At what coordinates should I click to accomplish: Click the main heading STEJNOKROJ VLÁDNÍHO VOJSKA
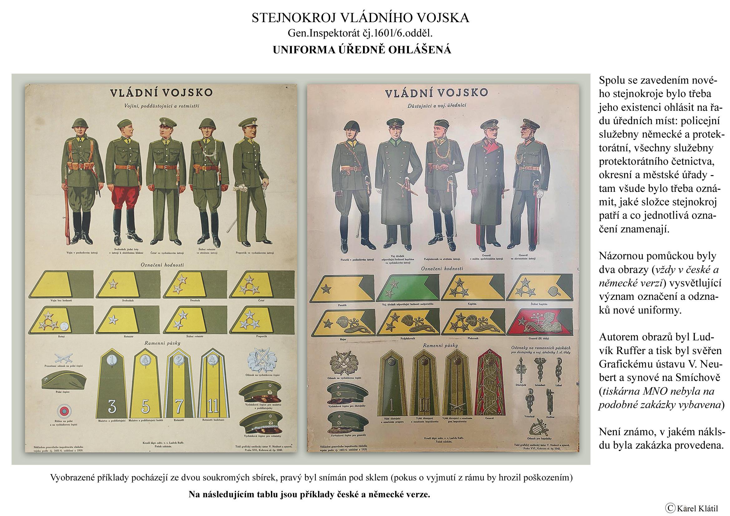(x=360, y=18)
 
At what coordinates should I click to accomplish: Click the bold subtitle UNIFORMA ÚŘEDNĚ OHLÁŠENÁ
(x=362, y=50)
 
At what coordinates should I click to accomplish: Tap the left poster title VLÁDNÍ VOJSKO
(x=161, y=93)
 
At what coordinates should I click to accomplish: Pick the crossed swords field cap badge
(x=62, y=358)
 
